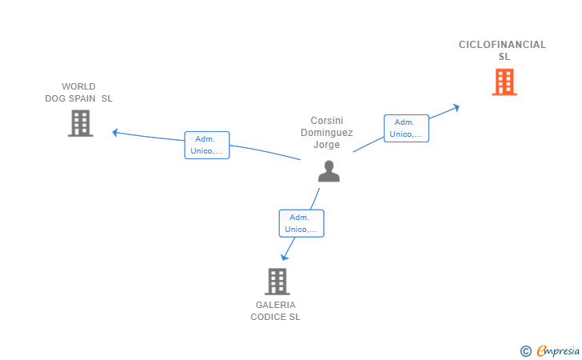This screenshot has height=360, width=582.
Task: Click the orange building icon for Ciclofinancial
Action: point(504,82)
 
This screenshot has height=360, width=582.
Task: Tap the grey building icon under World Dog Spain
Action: point(81,123)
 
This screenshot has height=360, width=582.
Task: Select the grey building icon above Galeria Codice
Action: point(277,282)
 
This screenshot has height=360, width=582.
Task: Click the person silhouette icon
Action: point(329,171)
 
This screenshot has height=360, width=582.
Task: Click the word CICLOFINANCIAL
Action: point(502,45)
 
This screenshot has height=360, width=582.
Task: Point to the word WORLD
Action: point(78,86)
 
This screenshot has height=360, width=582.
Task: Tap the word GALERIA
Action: point(275,305)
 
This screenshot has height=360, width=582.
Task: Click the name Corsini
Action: point(327,121)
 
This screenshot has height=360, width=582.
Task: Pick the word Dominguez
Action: point(327,133)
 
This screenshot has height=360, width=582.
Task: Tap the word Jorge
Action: point(327,145)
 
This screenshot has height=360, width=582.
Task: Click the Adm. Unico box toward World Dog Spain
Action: point(207,145)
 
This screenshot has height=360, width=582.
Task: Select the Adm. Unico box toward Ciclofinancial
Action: point(406,128)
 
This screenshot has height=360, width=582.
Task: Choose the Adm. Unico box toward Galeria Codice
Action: point(301,223)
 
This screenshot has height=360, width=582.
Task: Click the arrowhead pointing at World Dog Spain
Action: point(115,132)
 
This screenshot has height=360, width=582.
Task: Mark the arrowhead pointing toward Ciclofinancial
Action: point(456,107)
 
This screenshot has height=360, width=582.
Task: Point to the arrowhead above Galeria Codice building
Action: point(285,257)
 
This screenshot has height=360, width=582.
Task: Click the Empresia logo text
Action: point(558,351)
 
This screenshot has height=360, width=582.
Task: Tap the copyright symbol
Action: point(526,351)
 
